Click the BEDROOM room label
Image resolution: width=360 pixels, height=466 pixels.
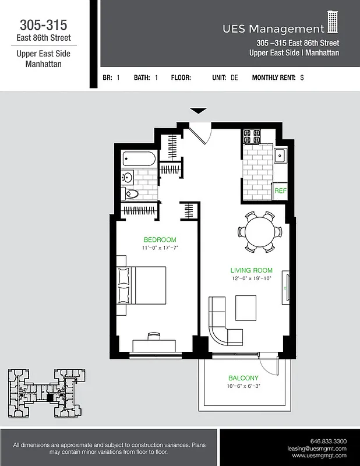point(160,239)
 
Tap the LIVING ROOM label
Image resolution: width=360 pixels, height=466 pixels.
point(251,270)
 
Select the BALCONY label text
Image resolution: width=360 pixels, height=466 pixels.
point(243,377)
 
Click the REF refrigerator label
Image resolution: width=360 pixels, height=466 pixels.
point(280,190)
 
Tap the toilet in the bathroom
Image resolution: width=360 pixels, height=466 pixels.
point(132,193)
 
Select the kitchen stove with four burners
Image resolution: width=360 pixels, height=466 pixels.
point(252,137)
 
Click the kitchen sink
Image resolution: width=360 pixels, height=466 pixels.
point(280,156)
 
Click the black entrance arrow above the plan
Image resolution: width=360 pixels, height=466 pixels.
point(199,111)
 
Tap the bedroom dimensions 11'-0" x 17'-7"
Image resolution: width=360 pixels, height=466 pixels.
point(160,248)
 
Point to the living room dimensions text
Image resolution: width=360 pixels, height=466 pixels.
point(251,278)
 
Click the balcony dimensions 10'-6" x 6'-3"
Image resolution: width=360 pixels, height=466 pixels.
point(243,386)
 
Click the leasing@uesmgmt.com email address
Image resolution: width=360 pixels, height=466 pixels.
point(317,449)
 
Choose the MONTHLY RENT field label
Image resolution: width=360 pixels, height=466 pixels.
point(273,77)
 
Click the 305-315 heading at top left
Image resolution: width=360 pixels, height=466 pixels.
point(43,25)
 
